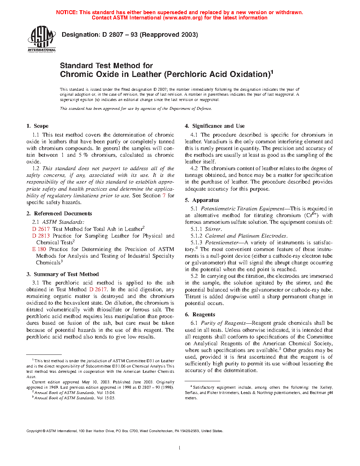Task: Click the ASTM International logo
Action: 42,39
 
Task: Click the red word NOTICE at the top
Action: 66,12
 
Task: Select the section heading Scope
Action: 41,126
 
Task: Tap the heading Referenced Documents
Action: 63,214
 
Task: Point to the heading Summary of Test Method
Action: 66,274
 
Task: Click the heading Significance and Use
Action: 218,126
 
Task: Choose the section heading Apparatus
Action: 205,200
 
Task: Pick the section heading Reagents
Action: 204,315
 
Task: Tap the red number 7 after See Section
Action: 164,196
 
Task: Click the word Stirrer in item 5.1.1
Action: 213,229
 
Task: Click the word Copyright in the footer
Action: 34,431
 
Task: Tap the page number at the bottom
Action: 180,448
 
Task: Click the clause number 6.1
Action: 194,323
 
